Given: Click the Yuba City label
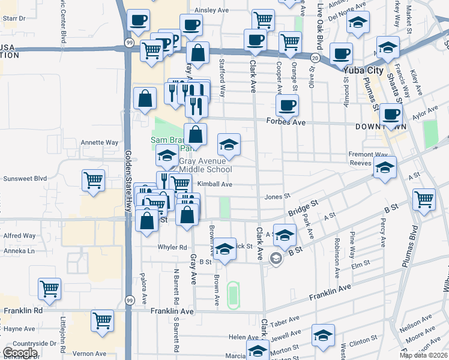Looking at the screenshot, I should [363, 71].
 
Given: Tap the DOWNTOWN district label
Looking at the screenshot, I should [381, 127].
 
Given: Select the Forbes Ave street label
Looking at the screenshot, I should [291, 122].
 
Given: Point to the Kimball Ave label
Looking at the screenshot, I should [214, 184].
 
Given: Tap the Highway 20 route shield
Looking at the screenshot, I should [315, 58].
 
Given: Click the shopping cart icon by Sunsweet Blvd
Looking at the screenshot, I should [94, 179].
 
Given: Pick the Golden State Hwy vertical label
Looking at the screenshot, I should [128, 179].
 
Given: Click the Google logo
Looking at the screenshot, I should [20, 353].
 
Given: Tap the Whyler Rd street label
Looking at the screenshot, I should [172, 247].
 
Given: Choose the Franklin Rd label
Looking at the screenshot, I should [23, 311].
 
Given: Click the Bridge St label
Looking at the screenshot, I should [301, 209].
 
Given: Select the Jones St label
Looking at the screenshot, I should [277, 196].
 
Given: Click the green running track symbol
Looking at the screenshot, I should [233, 294].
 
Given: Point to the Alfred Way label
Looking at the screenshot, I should [19, 236].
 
